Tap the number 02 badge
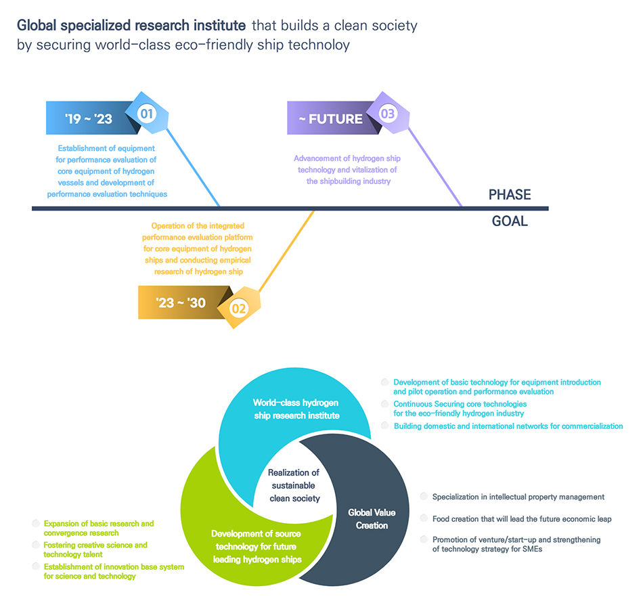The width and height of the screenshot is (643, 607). point(239,308)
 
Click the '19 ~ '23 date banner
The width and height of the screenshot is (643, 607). point(89,118)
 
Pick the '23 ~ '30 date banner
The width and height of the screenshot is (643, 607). point(181,302)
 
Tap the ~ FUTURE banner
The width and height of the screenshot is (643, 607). point(331,118)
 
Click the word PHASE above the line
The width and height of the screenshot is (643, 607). point(510,195)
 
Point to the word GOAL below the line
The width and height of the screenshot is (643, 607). point(510,221)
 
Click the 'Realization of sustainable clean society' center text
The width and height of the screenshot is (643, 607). point(294,485)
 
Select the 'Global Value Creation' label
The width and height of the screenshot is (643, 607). point(372,519)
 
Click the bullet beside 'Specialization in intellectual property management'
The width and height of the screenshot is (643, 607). point(424,496)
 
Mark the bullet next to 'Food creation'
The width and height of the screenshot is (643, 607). point(424,518)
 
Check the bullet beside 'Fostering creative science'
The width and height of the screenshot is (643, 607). point(35,545)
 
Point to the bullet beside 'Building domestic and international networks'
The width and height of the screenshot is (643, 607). point(385,426)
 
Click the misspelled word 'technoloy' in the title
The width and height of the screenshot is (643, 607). point(324,45)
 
